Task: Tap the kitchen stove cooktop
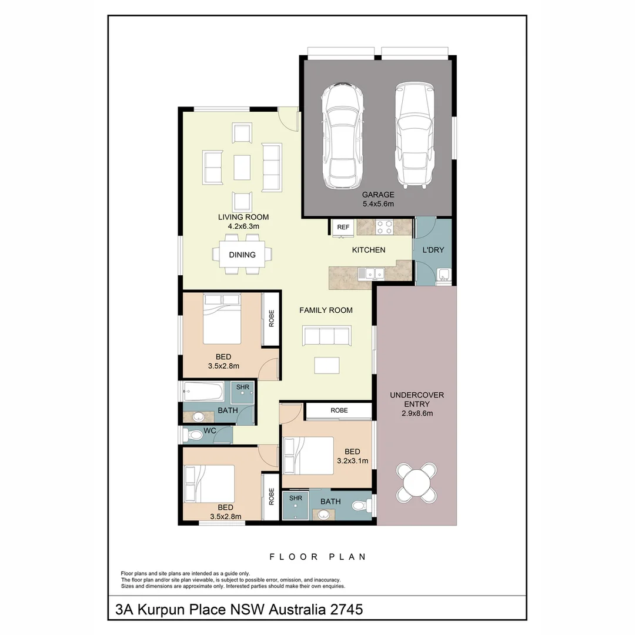click(385, 226)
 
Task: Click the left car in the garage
click(342, 134)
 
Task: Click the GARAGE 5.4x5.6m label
click(377, 199)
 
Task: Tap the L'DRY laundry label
click(433, 250)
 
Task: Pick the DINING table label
click(242, 255)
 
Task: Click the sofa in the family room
click(326, 336)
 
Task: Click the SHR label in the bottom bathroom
click(295, 498)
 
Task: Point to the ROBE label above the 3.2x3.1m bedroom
click(339, 410)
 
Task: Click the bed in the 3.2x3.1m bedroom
click(309, 455)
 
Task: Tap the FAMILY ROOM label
click(326, 310)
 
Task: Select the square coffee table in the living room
click(242, 167)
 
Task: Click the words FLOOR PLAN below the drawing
click(317, 556)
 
